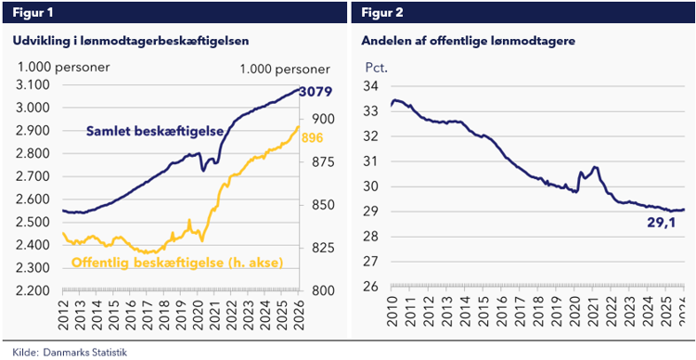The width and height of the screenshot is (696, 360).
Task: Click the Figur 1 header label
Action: pyautogui.click(x=32, y=12)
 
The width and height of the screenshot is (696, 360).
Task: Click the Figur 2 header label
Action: pyautogui.click(x=381, y=12)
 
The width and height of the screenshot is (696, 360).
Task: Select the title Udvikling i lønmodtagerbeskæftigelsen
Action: pyautogui.click(x=130, y=41)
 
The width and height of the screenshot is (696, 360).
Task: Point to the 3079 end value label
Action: pyautogui.click(x=316, y=93)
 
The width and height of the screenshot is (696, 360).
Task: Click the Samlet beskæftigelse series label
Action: pyautogui.click(x=153, y=132)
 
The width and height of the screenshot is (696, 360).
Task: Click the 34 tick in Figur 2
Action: pyautogui.click(x=371, y=86)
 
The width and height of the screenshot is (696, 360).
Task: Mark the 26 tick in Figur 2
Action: pyautogui.click(x=371, y=287)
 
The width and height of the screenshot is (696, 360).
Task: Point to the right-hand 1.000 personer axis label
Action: pyautogui.click(x=284, y=69)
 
